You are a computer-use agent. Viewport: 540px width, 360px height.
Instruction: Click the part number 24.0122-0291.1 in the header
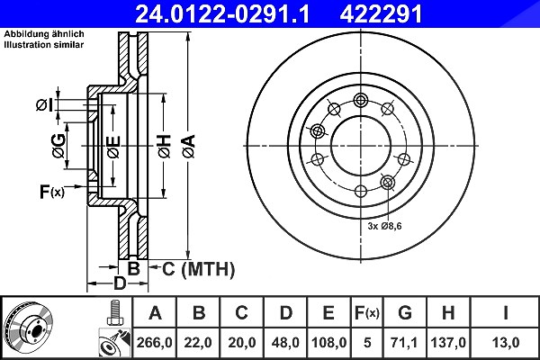[222, 14]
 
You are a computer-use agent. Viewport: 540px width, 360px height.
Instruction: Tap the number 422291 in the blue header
[381, 14]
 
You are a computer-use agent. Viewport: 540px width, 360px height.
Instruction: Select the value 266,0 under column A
[154, 343]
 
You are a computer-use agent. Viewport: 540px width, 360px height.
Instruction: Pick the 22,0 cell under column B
[198, 343]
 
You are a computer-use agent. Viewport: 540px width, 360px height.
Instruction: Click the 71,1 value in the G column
[404, 343]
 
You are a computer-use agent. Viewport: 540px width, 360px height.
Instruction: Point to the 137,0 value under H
[448, 343]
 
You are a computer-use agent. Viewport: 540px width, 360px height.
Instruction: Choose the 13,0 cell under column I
[506, 343]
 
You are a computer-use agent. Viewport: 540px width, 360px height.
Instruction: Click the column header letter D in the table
[285, 313]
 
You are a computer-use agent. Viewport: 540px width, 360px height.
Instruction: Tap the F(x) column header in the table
[367, 313]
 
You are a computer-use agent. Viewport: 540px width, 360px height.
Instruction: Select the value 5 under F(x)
[367, 343]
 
